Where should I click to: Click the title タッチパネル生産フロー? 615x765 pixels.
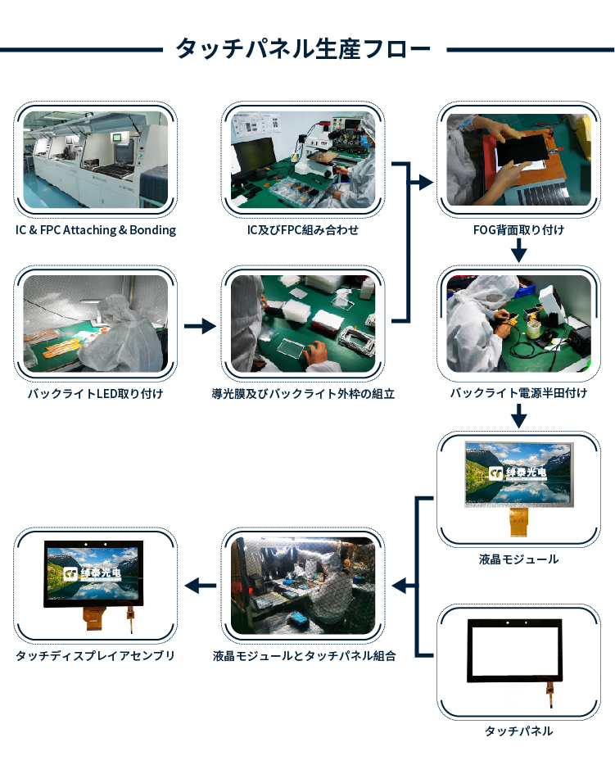pos(303,48)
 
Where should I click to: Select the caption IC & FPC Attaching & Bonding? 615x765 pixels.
pos(96,230)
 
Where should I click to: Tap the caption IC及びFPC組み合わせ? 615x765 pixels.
pos(302,230)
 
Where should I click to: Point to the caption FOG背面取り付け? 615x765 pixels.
pos(518,230)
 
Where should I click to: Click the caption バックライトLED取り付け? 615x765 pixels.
pos(96,393)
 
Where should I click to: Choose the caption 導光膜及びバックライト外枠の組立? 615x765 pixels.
pos(303,393)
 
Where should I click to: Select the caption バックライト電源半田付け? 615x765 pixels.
pos(518,393)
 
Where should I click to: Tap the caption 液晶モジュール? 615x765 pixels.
pos(518,559)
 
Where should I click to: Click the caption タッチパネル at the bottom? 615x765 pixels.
pos(518,731)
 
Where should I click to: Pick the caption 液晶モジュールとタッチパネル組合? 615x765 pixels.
pos(304,656)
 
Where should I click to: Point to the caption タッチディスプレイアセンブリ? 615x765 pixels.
pos(96,655)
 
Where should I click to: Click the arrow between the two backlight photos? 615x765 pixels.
pos(200,326)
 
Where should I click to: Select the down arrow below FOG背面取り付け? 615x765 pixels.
pos(518,251)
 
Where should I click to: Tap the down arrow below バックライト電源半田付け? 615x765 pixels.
pos(518,416)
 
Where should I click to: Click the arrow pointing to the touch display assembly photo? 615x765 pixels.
pos(201,586)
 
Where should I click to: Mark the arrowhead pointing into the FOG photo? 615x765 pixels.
pos(427,183)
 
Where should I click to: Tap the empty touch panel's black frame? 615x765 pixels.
pos(514,677)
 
